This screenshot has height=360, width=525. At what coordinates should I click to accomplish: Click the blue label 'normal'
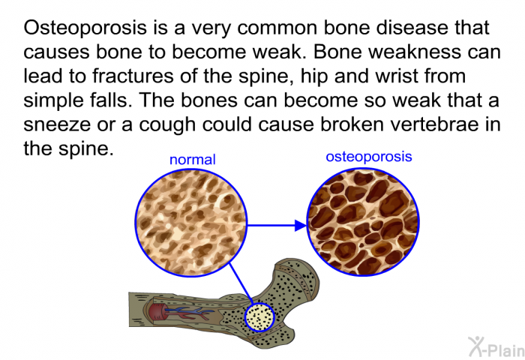point(193,160)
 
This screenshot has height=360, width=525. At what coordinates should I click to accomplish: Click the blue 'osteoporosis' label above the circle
point(369,157)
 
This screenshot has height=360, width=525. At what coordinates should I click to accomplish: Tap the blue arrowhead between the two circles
point(301,226)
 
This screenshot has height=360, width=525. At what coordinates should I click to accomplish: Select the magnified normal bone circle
point(190,223)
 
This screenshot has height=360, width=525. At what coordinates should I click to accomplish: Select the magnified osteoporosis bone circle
point(363,222)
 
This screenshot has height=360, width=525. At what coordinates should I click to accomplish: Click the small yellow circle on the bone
point(259,317)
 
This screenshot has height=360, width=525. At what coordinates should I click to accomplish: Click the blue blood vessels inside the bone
point(188,313)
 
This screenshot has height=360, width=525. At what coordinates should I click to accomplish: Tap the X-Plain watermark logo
point(496,346)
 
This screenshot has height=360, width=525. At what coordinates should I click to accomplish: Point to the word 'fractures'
point(133,76)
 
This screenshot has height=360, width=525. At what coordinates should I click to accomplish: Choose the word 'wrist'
point(397,76)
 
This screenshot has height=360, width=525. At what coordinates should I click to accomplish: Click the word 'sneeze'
point(57,124)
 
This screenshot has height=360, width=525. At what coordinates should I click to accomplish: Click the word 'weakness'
point(408,52)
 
